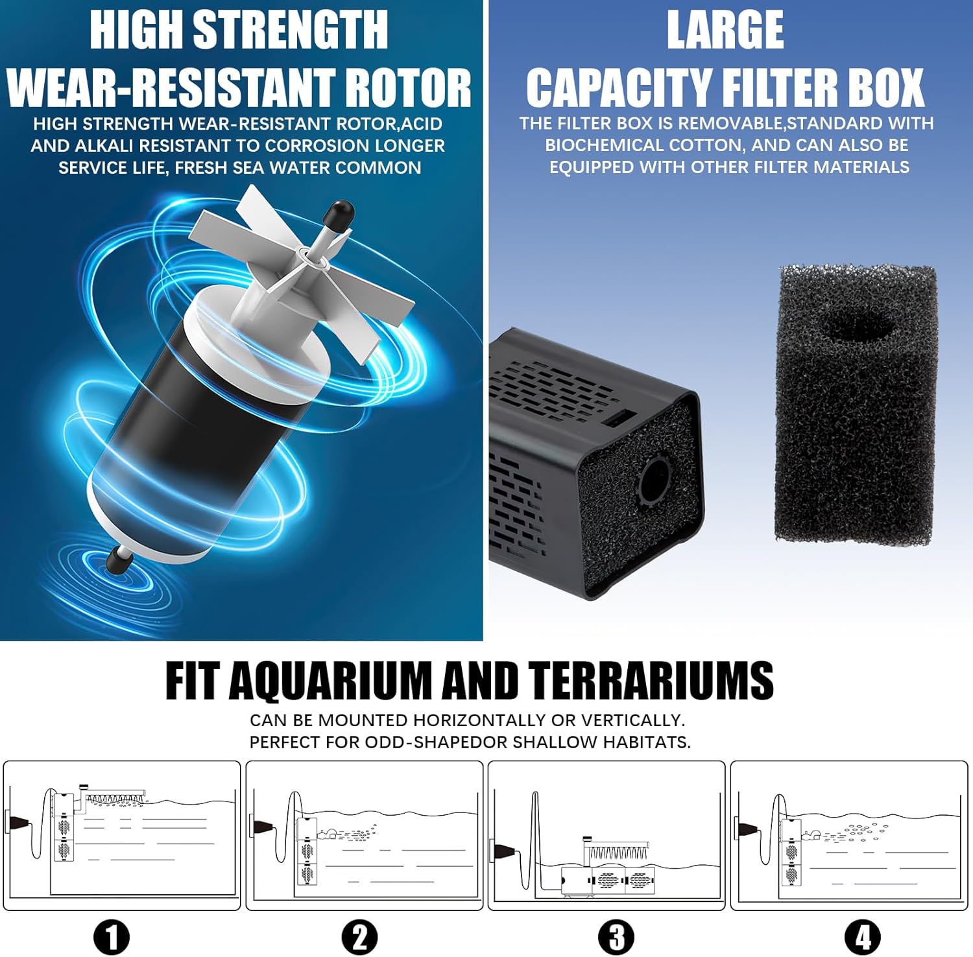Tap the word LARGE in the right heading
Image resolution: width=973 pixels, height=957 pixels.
pyautogui.click(x=725, y=29)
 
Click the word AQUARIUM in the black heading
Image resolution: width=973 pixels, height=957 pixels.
pyautogui.click(x=330, y=681)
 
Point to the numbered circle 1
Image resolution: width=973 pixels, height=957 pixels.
pyautogui.click(x=112, y=938)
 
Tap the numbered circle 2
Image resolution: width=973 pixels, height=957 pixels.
pyautogui.click(x=360, y=938)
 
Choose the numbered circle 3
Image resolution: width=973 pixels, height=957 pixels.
pyautogui.click(x=616, y=938)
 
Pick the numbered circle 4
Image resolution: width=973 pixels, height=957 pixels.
pyautogui.click(x=863, y=938)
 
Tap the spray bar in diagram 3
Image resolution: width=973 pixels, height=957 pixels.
pyautogui.click(x=616, y=850)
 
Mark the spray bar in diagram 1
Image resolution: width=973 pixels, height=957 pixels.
pyautogui.click(x=114, y=796)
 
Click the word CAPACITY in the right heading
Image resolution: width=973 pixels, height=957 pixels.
pyautogui.click(x=619, y=88)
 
